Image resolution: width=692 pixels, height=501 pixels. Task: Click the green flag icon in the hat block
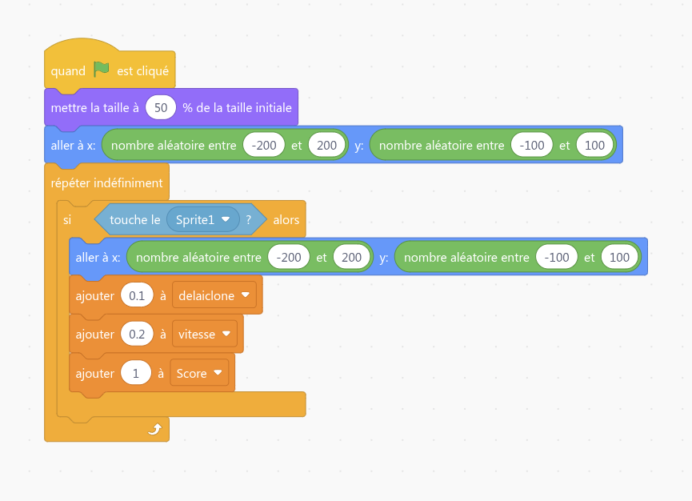pos(101,70)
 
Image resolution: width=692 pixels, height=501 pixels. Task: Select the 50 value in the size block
pos(161,108)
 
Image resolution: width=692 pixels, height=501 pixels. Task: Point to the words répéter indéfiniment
pos(107,182)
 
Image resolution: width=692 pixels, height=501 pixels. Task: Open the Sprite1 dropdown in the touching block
pos(203,219)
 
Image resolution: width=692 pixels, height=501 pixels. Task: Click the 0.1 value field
pos(137,296)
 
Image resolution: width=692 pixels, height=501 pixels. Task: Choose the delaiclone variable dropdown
pos(214,295)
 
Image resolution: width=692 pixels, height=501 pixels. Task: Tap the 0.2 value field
pos(137,335)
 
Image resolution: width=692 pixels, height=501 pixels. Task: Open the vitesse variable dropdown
pos(204,335)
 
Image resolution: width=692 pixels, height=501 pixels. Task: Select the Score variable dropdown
pos(199,374)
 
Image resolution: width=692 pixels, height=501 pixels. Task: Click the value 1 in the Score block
pos(136,374)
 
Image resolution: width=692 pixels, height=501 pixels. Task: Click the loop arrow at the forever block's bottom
pos(154,429)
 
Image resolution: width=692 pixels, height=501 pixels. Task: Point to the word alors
pos(286,220)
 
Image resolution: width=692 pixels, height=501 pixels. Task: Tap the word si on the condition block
pos(67,220)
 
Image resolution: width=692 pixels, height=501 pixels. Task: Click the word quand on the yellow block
pos(68,71)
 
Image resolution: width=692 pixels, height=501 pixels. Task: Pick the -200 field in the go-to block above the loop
pos(263,145)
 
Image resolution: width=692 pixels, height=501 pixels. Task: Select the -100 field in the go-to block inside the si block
pos(557,258)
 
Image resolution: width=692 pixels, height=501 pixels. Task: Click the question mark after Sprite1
pos(249,219)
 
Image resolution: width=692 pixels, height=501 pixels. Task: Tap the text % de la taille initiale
pos(237,108)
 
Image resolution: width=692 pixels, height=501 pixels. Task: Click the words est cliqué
pos(142,71)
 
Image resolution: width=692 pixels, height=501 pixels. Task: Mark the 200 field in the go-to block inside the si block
pos(351,258)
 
